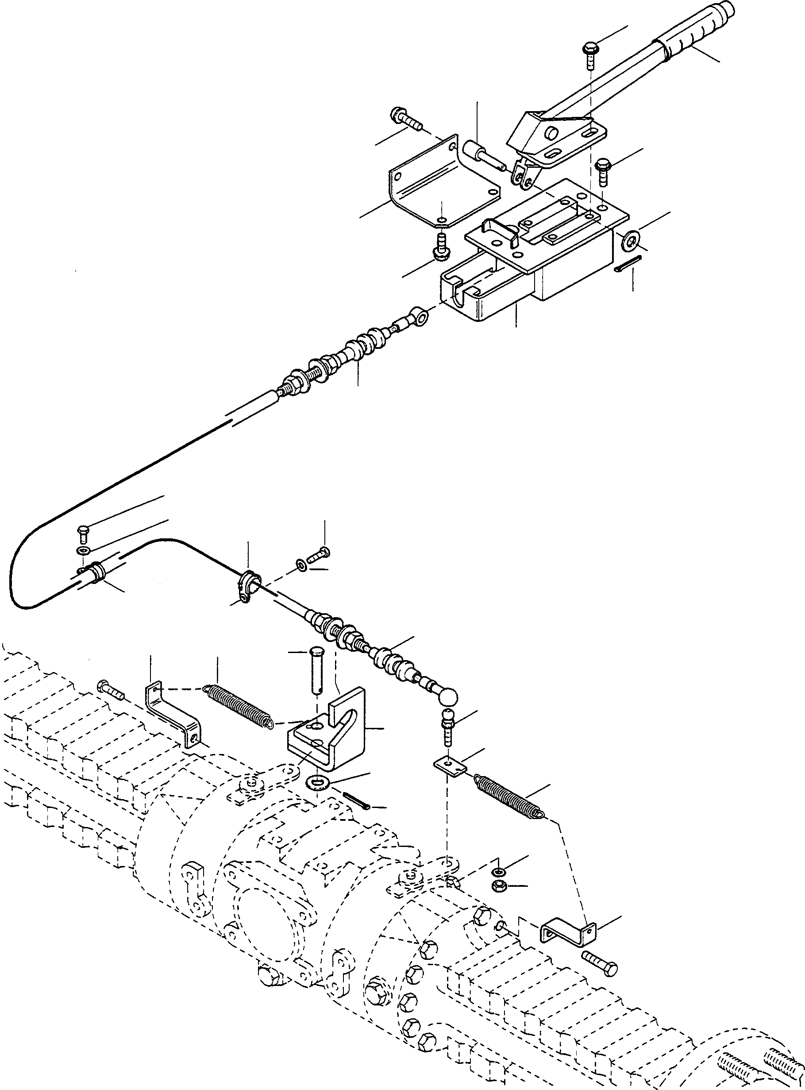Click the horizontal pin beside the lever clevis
coord(482,153)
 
